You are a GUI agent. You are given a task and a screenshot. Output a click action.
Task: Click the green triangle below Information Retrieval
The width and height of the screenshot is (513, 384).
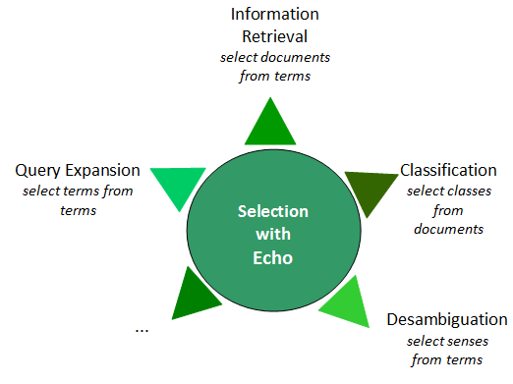pos(269,126)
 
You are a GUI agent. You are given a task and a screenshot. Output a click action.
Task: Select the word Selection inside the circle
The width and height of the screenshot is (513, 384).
pos(273,212)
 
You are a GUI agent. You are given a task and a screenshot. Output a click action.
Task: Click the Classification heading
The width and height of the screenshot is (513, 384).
pos(448,170)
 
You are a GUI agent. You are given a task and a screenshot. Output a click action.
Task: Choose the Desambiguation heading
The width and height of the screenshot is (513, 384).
pos(447,320)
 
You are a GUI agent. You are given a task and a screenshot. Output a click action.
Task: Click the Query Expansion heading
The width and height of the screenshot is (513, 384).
pos(78,171)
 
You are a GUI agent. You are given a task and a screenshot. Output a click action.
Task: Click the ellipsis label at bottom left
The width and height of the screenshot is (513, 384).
pos(142,329)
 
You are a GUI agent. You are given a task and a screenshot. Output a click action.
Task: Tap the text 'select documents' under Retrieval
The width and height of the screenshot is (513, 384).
pos(274,57)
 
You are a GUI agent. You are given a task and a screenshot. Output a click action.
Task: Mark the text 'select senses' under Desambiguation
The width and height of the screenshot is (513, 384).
pos(447,341)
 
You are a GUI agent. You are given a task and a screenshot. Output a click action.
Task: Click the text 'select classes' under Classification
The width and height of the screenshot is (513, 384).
pos(447,191)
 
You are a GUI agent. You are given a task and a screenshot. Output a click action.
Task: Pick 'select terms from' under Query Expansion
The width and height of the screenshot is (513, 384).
pos(78,192)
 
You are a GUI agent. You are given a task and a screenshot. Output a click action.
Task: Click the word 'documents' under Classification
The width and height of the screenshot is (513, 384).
pos(447,229)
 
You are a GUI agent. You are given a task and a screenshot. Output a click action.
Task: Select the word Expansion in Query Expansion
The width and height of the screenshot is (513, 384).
pos(102,171)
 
